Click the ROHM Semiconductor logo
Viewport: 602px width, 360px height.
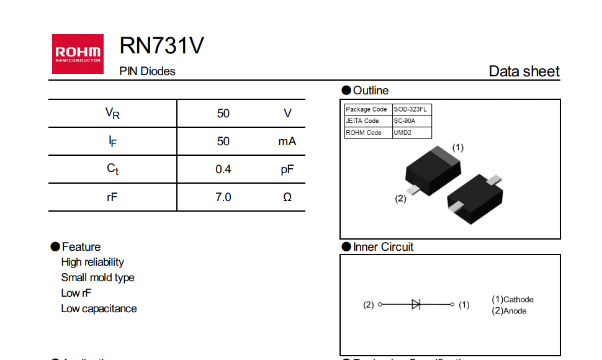tap(78, 53)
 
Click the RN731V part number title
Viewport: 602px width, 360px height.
tap(161, 46)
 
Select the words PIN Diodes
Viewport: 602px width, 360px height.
tap(147, 71)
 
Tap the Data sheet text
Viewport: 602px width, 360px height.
tap(524, 71)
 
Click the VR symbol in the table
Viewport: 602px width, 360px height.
tap(112, 114)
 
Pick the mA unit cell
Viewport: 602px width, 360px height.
tap(287, 142)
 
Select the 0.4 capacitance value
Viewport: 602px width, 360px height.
tap(223, 169)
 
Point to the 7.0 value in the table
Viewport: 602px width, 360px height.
tap(223, 197)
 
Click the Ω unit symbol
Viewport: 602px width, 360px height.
tap(287, 197)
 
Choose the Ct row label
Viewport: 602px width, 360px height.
tap(112, 169)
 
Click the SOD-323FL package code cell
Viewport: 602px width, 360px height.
tap(410, 109)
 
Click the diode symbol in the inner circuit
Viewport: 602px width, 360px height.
tap(416, 305)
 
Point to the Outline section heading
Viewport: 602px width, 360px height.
tap(371, 91)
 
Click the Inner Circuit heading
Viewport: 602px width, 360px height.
tap(383, 247)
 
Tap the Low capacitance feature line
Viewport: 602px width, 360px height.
tap(99, 308)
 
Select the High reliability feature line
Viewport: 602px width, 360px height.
tap(92, 262)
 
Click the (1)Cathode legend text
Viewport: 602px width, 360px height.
tap(513, 299)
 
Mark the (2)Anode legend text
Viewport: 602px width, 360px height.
tap(509, 311)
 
